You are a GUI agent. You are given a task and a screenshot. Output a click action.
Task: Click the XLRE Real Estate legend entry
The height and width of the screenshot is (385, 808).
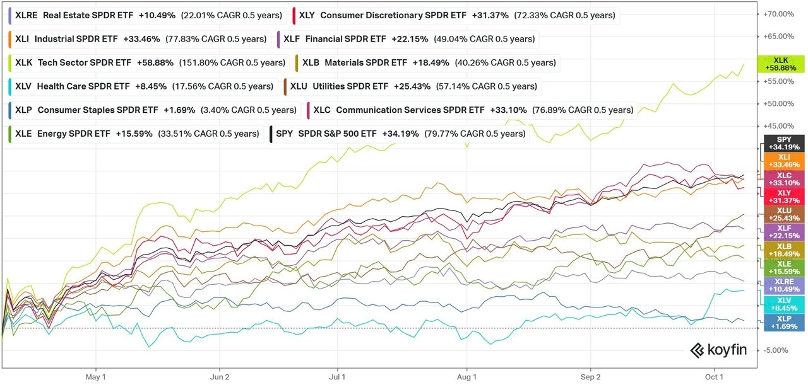pos(145,15)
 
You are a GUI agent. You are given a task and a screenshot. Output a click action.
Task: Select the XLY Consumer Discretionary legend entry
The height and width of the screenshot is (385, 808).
pos(454,15)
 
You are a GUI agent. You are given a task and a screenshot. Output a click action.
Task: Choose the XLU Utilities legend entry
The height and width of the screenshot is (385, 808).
pos(411,86)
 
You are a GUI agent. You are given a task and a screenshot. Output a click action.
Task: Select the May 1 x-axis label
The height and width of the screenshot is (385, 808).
pos(95,376)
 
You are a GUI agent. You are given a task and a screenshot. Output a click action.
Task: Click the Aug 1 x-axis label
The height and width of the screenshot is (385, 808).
pos(467,376)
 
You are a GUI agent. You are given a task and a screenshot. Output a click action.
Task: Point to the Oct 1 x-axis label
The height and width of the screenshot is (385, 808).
pos(715,376)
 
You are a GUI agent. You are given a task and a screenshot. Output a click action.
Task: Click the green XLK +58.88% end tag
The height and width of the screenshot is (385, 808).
pos(784,64)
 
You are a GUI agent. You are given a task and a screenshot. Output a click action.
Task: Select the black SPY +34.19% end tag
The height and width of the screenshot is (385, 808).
pos(784,144)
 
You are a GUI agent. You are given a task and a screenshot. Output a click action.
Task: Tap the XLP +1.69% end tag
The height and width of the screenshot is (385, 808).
pos(784,322)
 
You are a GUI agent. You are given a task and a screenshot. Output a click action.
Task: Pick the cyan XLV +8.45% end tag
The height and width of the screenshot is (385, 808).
pos(784,304)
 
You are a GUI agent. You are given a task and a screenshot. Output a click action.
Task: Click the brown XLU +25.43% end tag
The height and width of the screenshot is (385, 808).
pos(784,214)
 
